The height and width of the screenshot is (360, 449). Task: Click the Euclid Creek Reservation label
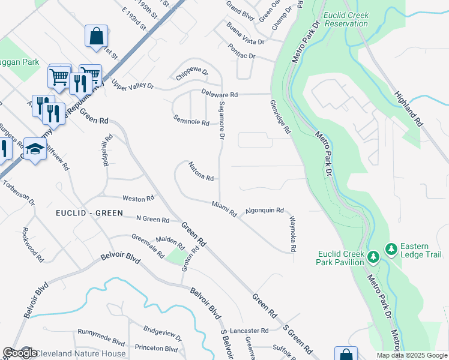[346, 19]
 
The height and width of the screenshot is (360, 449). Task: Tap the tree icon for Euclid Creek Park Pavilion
[373, 257]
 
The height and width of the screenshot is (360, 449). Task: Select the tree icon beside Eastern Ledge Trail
[391, 248]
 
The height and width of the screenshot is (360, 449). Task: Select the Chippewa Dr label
[191, 75]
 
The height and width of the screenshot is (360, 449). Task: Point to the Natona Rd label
[201, 172]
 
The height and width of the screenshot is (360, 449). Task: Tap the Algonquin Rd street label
[264, 211]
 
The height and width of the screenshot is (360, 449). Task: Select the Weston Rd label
[138, 198]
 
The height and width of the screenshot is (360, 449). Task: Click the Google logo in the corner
[19, 353]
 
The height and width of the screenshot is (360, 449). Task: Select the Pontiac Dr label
[242, 52]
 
